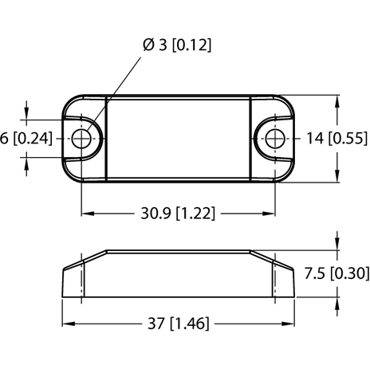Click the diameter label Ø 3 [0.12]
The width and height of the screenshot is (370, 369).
177,45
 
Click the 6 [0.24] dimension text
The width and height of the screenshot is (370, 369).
26,139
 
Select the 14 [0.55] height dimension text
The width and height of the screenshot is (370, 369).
335,139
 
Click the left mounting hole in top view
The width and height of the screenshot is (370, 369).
82,139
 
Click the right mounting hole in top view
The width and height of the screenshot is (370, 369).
275,139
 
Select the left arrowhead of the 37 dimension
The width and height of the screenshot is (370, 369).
68,324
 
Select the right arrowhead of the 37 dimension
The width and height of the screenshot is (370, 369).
290,324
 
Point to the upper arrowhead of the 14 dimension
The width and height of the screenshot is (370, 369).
338,100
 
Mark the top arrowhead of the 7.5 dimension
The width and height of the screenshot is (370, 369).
338,245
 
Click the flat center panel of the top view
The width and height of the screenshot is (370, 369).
179,139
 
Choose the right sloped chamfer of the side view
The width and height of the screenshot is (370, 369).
264,256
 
